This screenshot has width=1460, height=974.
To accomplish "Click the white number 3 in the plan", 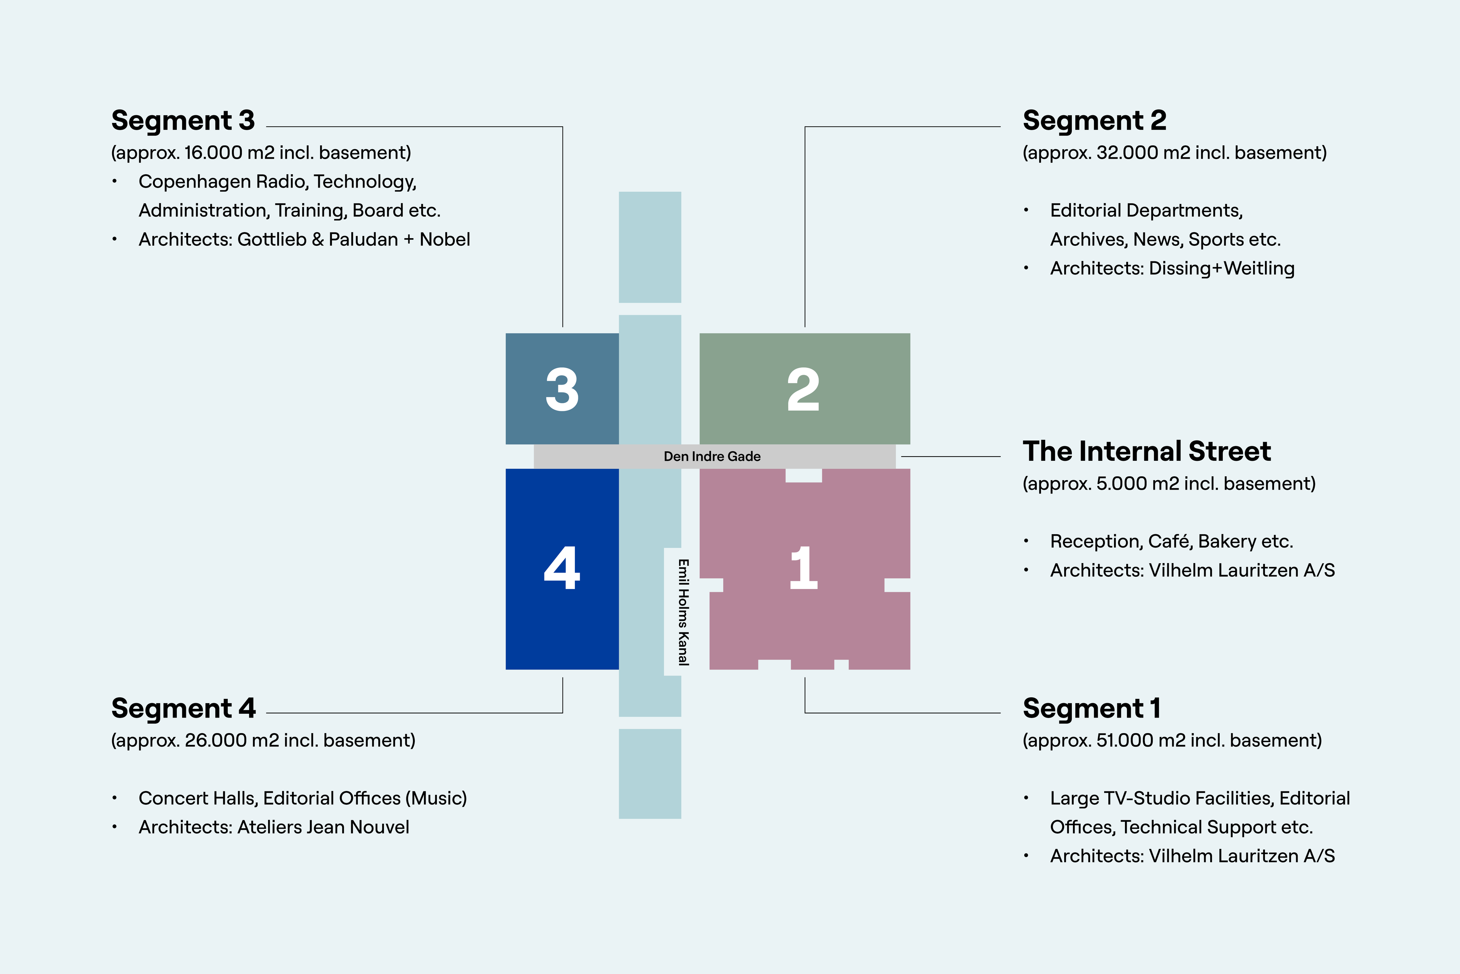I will click(x=562, y=390).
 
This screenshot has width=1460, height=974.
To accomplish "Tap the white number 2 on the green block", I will click(x=803, y=390).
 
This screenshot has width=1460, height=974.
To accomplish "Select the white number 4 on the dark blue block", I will click(x=562, y=568).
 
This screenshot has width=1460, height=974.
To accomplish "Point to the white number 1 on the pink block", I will click(x=803, y=568).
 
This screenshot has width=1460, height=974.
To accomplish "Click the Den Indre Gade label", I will click(x=712, y=457).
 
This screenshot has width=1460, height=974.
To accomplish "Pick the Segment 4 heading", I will click(x=183, y=708).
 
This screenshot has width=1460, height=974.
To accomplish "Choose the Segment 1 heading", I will click(x=1091, y=708).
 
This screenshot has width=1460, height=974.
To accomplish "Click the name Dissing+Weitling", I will click(x=1222, y=268).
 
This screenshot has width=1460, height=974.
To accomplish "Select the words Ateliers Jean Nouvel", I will click(x=323, y=828).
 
